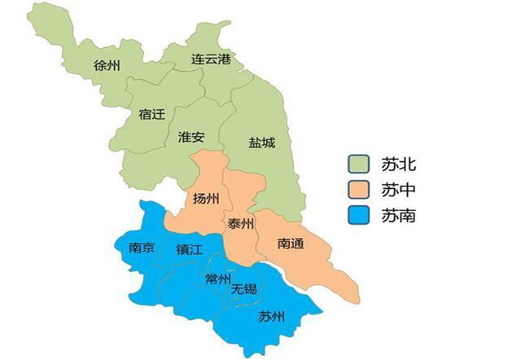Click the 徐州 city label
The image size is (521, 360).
click(x=107, y=64)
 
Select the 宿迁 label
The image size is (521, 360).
click(x=151, y=116)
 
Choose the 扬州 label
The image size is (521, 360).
click(x=207, y=199)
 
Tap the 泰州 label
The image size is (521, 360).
click(x=240, y=223)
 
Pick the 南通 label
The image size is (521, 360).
click(x=291, y=243)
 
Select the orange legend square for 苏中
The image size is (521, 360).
click(x=358, y=191)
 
